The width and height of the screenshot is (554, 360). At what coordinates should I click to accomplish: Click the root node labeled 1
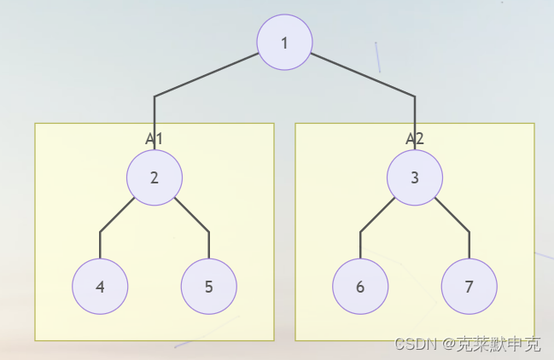tap(284, 43)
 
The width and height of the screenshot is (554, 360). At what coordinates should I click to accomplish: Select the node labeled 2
tap(155, 177)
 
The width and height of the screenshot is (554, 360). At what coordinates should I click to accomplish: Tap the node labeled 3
tap(415, 177)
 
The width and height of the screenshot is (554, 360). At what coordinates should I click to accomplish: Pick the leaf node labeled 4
tap(100, 287)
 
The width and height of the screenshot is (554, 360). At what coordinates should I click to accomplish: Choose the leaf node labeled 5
tap(209, 287)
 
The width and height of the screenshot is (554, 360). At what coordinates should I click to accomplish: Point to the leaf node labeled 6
tap(360, 287)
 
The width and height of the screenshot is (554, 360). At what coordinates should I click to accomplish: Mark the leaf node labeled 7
tap(469, 287)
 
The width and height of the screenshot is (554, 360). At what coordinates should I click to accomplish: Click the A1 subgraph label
tap(154, 137)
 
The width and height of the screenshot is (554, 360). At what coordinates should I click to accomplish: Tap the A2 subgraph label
tap(415, 137)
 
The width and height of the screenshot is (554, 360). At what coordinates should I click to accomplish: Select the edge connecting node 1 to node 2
tap(205, 76)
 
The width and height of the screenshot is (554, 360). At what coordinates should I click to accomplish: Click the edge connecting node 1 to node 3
tap(363, 75)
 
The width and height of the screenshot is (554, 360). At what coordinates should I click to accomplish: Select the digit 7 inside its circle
tap(469, 287)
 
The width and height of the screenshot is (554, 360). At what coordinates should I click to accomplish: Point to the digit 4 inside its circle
tap(100, 287)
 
